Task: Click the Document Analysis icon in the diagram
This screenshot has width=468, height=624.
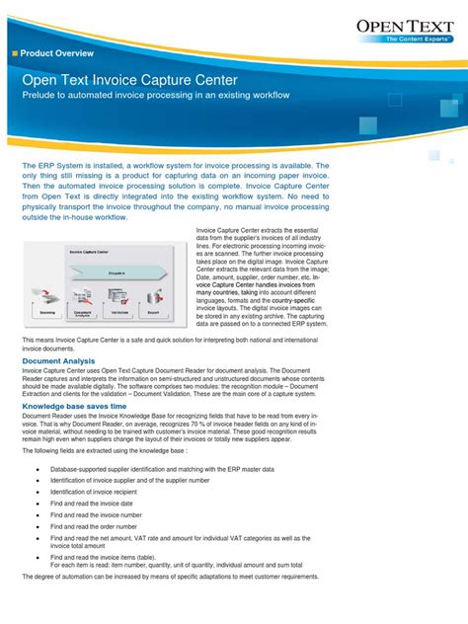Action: [83, 296]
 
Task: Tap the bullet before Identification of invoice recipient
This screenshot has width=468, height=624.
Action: [37, 492]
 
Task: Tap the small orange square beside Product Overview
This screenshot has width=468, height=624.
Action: [14, 52]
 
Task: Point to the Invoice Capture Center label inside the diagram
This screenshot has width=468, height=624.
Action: [89, 253]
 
